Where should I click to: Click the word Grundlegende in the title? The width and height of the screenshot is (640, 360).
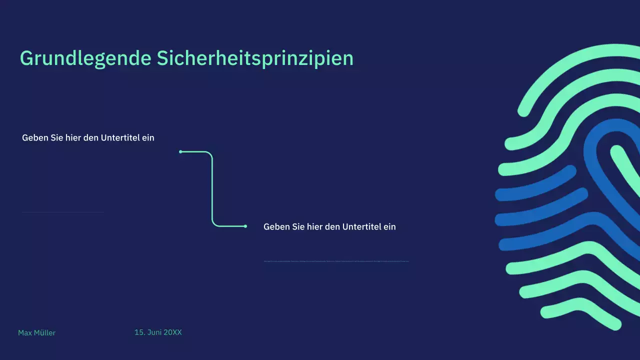[85, 58]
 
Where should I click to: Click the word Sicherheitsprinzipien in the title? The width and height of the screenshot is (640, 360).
[255, 58]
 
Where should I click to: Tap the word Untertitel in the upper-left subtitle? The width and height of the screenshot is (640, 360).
[120, 137]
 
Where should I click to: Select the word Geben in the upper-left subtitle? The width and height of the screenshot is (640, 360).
[35, 137]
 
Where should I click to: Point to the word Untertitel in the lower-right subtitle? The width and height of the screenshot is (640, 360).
[362, 226]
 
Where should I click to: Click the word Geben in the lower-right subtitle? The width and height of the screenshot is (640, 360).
[276, 226]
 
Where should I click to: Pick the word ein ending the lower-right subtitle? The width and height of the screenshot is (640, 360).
[389, 226]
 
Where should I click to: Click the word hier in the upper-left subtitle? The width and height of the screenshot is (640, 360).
[73, 137]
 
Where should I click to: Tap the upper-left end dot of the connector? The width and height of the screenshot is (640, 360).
[180, 151]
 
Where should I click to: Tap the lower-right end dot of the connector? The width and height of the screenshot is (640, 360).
[245, 226]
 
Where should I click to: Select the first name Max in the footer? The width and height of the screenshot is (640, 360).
[24, 333]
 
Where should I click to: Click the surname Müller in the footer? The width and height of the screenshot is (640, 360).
[44, 333]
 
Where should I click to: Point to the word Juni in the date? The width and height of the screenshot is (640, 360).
[154, 332]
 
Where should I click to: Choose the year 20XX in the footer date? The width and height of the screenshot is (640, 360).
[173, 332]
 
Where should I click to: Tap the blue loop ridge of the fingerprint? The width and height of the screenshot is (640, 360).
[590, 150]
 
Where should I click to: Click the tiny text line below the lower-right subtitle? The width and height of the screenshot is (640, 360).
[336, 261]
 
